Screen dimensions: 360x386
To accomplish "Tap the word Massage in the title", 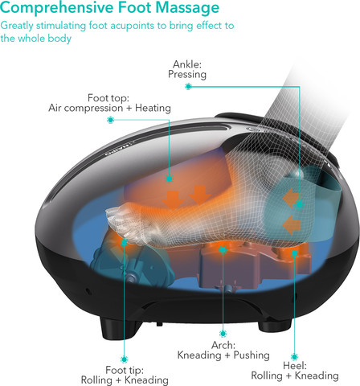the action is [x=187, y=8].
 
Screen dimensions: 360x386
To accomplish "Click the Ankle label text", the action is [x=187, y=64].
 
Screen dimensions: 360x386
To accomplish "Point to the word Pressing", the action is [x=187, y=74].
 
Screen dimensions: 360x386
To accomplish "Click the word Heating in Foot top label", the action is [x=153, y=108].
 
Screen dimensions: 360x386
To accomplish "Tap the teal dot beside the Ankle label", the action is [x=188, y=86].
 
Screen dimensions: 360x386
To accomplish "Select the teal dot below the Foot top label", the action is [x=110, y=120].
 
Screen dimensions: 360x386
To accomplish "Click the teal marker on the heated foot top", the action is [x=169, y=179].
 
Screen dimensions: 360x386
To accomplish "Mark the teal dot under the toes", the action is [x=124, y=243].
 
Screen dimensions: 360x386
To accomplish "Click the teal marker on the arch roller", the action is [x=223, y=250].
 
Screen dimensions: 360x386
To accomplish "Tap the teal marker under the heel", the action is [x=294, y=253].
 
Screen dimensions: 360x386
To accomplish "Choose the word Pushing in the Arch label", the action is [x=252, y=355].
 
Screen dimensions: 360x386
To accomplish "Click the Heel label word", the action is [x=295, y=365].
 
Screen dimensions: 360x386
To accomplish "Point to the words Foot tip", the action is [x=125, y=370].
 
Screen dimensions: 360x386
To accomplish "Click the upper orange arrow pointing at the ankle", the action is [x=290, y=198].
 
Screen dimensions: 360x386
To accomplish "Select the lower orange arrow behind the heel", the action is [x=292, y=226].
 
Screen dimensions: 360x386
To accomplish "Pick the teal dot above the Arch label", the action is [x=223, y=334].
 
